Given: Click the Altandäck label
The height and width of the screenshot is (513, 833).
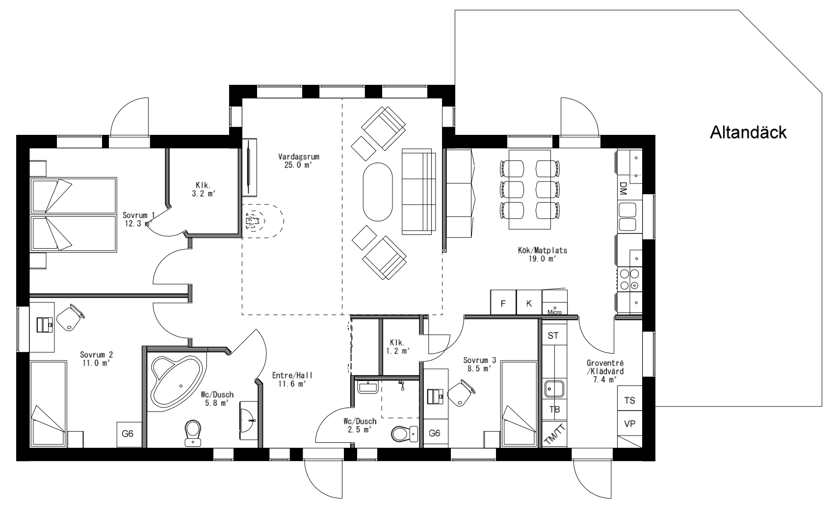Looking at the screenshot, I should click(748, 132).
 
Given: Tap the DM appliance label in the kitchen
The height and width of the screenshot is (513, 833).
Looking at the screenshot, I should click(623, 189).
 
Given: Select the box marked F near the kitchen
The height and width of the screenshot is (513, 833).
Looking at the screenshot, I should click(503, 303).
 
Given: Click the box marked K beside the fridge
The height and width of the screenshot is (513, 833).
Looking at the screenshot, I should click(529, 303).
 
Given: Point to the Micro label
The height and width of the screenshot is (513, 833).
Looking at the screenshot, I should click(554, 311).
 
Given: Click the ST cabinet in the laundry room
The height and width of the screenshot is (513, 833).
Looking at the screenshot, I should click(553, 335).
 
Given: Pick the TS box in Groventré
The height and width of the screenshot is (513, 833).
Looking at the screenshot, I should click(629, 400).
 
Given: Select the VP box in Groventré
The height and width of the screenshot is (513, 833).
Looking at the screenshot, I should click(629, 424).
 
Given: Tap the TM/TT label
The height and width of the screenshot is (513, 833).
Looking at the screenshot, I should click(555, 435).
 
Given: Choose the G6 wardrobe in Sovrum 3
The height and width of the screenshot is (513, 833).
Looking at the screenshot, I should click(435, 433).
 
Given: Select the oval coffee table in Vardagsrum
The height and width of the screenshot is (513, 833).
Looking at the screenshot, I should click(377, 192).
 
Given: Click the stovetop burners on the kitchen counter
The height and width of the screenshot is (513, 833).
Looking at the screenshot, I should click(629, 279).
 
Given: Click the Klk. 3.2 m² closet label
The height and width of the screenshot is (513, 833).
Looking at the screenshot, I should click(203, 189).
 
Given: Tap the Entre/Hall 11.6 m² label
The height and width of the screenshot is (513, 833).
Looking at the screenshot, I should click(292, 380).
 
